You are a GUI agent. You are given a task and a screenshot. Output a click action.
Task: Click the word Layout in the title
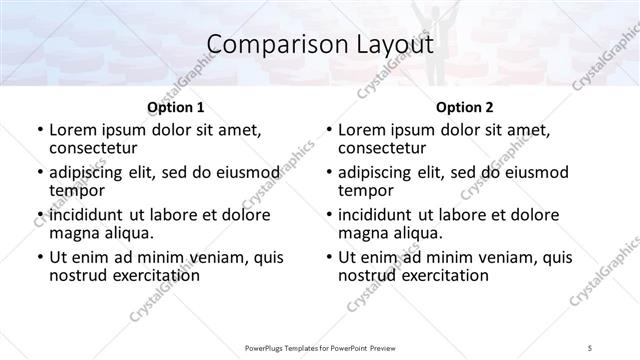tap(389, 44)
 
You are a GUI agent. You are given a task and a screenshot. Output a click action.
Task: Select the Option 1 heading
tap(175, 106)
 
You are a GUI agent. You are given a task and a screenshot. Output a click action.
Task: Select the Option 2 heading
tap(464, 106)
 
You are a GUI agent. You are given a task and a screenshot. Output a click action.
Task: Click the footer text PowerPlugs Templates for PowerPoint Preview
tap(320, 349)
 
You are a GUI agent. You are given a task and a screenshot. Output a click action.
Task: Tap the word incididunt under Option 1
tap(89, 215)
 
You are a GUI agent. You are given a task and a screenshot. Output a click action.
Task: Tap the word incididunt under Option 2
tap(379, 215)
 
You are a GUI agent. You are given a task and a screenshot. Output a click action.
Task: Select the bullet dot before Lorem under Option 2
tap(330, 130)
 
